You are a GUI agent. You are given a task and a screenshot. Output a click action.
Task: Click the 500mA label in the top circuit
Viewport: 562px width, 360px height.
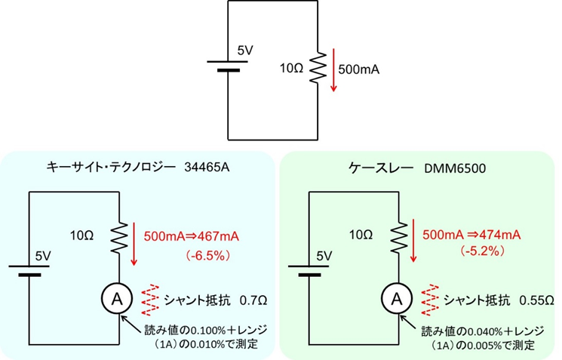click(x=359, y=69)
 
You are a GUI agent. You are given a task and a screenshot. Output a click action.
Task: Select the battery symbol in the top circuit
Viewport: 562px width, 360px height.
click(x=228, y=67)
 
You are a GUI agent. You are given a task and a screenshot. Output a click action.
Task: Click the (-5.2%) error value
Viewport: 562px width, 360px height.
click(x=462, y=252)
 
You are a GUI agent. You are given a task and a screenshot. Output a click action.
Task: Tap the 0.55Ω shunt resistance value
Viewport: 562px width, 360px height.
click(x=533, y=300)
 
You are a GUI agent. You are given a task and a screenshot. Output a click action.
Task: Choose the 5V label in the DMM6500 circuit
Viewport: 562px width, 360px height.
click(x=325, y=255)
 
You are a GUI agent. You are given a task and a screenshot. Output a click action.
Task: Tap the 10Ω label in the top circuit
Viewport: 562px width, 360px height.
click(x=292, y=69)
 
